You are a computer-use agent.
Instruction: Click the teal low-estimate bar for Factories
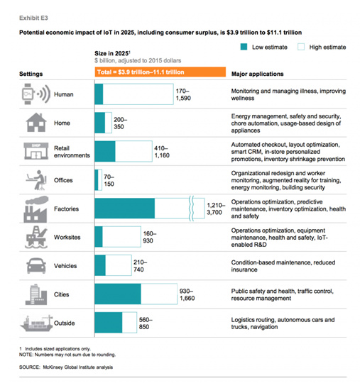pos(125,209)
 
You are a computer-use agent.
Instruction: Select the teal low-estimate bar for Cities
pos(118,294)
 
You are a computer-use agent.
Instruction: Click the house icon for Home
pos(36,123)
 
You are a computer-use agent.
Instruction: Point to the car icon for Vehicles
pos(36,266)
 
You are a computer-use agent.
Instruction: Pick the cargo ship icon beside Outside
pos(37,323)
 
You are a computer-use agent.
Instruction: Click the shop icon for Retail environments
pos(36,151)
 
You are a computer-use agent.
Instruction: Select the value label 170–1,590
pos(183,94)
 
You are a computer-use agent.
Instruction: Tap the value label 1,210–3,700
pos(216,209)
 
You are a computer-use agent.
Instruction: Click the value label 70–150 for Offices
pos(109,180)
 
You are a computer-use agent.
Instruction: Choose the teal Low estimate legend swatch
pos(244,47)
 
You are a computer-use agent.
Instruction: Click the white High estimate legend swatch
pos(301,47)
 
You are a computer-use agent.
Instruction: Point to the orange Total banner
pos(160,72)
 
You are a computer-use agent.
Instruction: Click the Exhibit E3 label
pos(33,18)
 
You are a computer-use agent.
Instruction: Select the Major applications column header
pos(258,74)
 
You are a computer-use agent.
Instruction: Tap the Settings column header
pos(31,74)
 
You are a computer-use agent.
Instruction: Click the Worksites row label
pos(67,237)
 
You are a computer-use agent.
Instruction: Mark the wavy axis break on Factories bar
pos(192,209)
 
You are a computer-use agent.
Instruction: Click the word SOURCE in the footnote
pos(30,367)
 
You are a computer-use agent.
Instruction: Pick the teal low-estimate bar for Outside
pos(109,323)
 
